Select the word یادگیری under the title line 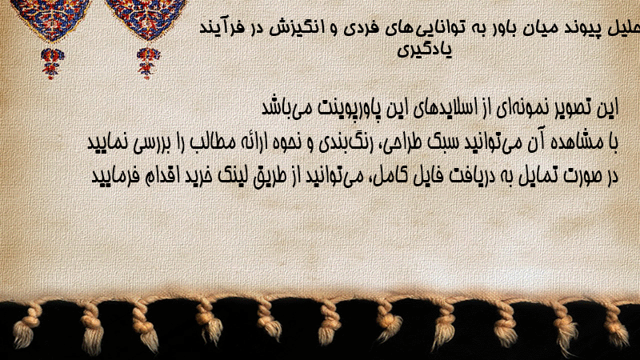(x=425, y=50)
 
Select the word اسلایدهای (x=447, y=108)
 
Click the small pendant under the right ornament (x=148, y=63)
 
